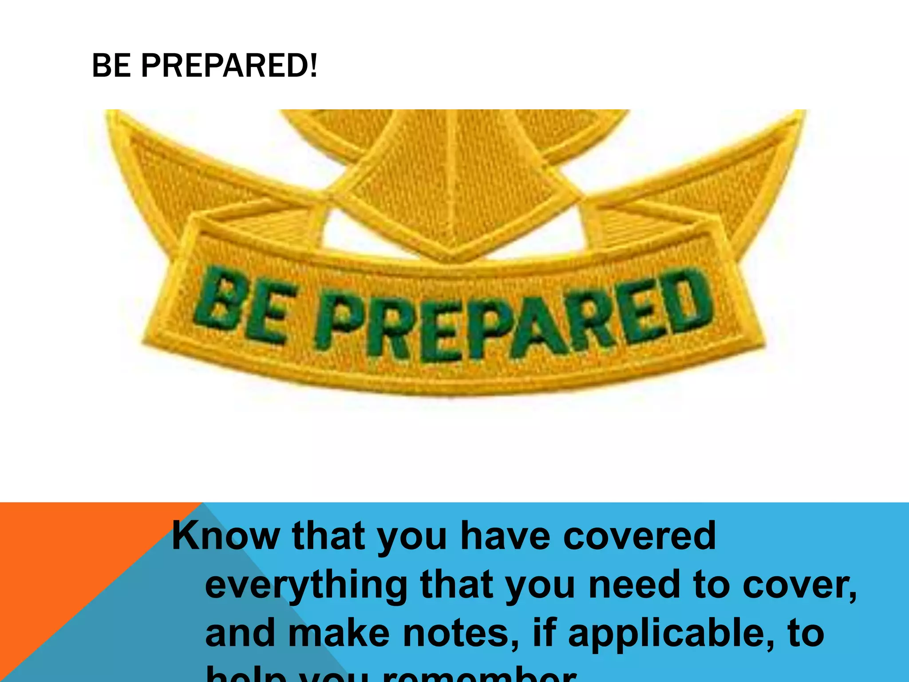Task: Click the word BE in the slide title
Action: click(x=111, y=66)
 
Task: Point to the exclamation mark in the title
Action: click(x=314, y=66)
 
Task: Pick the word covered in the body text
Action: click(x=639, y=536)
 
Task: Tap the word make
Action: click(x=340, y=634)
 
